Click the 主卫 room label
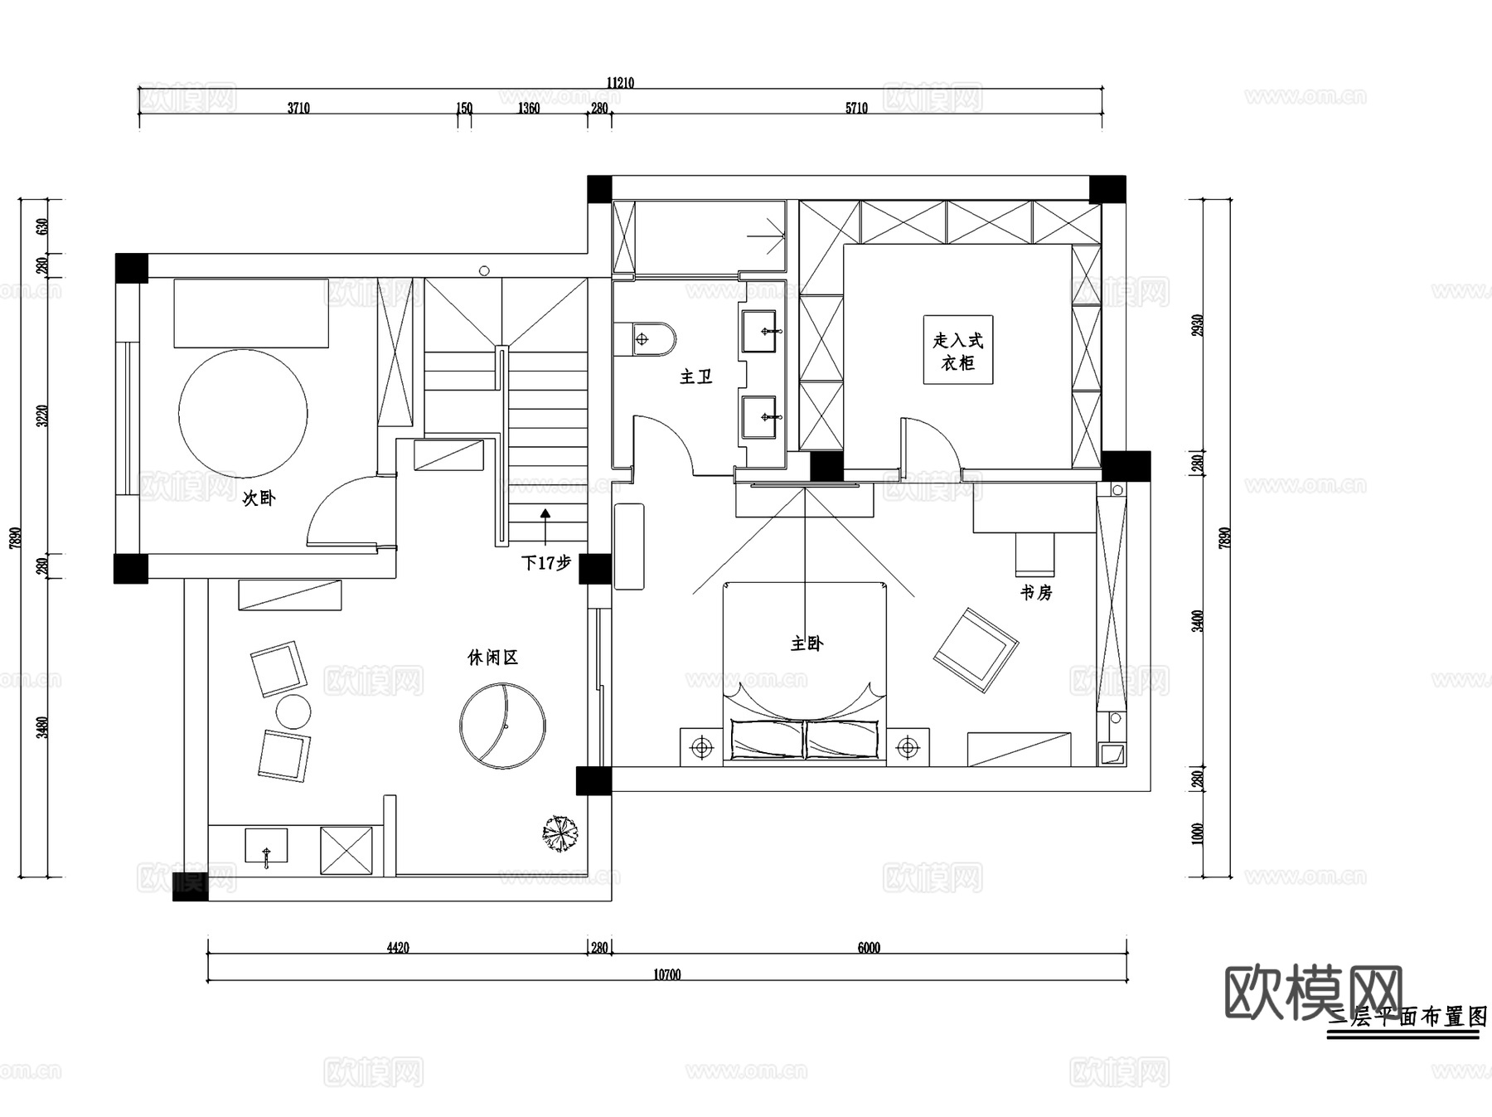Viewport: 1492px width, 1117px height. pyautogui.click(x=696, y=377)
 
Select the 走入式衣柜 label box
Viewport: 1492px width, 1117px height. pyautogui.click(x=958, y=350)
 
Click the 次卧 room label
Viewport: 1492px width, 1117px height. pyautogui.click(x=259, y=498)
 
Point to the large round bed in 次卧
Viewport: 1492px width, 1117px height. pyautogui.click(x=243, y=413)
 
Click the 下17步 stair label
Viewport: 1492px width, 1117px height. pyautogui.click(x=546, y=563)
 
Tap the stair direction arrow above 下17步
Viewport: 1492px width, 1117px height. pyautogui.click(x=545, y=514)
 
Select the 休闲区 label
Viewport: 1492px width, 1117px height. pyautogui.click(x=492, y=658)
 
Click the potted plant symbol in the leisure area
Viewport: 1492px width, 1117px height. pyautogui.click(x=561, y=834)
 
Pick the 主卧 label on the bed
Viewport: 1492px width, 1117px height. pyautogui.click(x=807, y=643)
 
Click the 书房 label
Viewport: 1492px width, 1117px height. pyautogui.click(x=1036, y=593)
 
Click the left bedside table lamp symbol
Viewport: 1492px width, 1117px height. pyautogui.click(x=702, y=748)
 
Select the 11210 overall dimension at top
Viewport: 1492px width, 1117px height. pyautogui.click(x=620, y=82)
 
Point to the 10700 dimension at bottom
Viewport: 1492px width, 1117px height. pyautogui.click(x=666, y=974)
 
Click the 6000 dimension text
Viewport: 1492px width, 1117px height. pyautogui.click(x=869, y=948)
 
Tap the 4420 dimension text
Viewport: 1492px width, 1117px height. pyautogui.click(x=398, y=948)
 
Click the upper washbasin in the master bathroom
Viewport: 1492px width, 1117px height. pyautogui.click(x=759, y=331)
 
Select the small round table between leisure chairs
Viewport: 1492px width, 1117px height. pyautogui.click(x=293, y=711)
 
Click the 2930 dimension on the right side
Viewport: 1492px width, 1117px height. pyautogui.click(x=1197, y=325)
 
